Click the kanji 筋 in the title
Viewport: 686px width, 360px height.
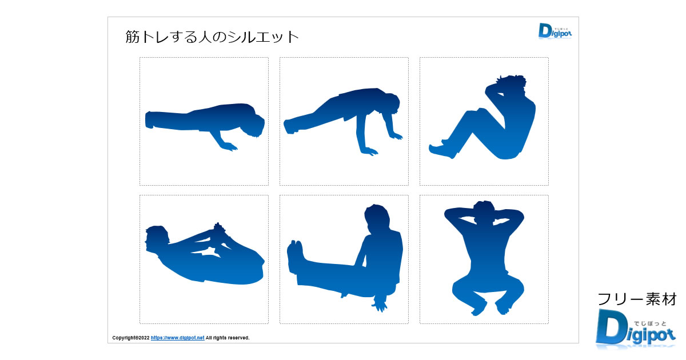[x=132, y=37]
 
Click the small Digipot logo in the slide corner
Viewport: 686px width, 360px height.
[x=555, y=31]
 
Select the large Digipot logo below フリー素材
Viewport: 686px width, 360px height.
[x=636, y=329]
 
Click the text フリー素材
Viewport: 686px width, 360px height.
[x=637, y=299]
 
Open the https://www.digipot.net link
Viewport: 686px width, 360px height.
[x=177, y=338]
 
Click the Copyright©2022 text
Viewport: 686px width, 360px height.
[x=131, y=338]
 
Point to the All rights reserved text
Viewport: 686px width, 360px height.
[x=228, y=338]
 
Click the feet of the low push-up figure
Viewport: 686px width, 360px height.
[x=149, y=119]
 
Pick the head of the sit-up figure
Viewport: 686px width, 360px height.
[x=512, y=85]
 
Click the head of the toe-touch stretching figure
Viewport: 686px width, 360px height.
[x=157, y=238]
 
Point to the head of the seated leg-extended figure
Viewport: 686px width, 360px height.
[x=377, y=218]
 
